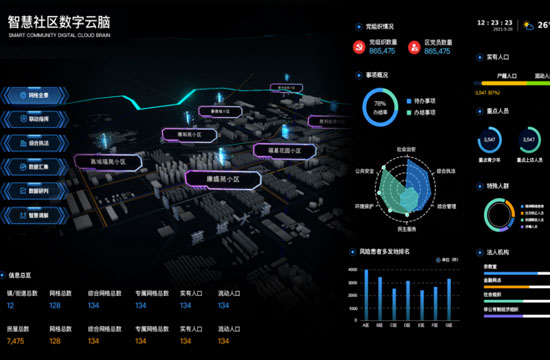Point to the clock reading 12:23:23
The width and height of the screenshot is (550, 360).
pos(495,21)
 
